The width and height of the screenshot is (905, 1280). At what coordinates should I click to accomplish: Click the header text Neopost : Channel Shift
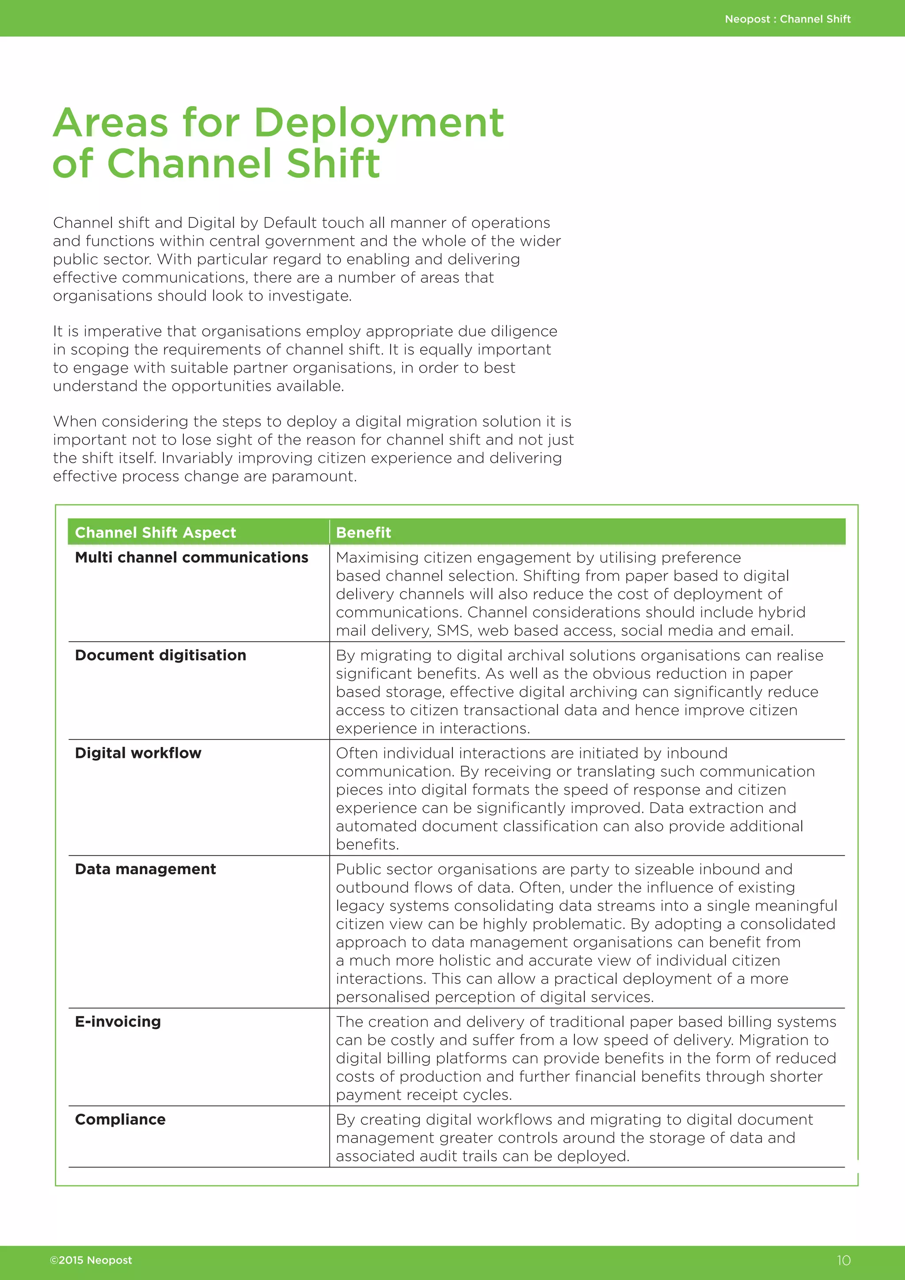(787, 19)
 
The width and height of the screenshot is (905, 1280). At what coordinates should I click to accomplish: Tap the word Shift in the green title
(333, 164)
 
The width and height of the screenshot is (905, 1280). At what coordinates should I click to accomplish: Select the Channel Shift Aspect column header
(156, 533)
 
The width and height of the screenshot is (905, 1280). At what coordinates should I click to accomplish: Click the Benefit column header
(363, 533)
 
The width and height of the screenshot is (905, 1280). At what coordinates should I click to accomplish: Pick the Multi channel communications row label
(191, 557)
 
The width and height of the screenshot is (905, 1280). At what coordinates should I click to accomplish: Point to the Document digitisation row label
(160, 655)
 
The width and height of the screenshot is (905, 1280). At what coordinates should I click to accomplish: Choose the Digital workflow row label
(138, 753)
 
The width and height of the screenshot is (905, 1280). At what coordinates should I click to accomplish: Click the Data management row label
(145, 869)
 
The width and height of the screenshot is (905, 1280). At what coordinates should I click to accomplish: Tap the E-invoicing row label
(118, 1022)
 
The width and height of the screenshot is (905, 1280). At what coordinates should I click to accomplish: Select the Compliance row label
(120, 1120)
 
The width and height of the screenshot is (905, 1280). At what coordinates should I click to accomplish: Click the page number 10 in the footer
(843, 1261)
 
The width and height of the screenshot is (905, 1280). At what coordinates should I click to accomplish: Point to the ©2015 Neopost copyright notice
(91, 1261)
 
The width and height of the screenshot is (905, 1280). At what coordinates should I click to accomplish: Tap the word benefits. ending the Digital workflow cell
(367, 845)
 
